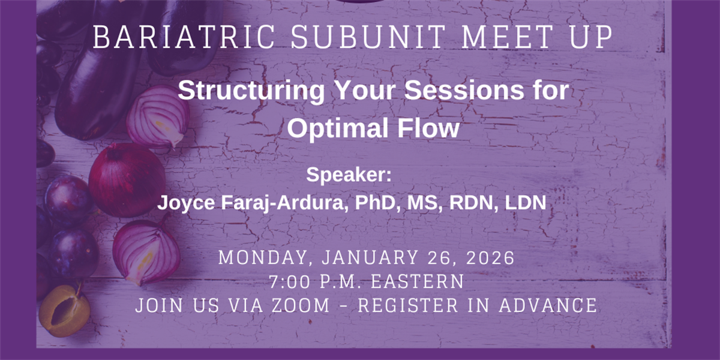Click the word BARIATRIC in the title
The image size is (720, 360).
(184, 37)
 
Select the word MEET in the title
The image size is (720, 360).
(507, 37)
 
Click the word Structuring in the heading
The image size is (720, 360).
(251, 91)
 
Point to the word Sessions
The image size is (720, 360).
(464, 91)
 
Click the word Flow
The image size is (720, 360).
(428, 128)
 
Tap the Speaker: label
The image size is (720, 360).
(349, 175)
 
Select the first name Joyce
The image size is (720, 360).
(186, 203)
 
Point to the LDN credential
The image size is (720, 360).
(526, 203)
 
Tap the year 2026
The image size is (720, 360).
(490, 257)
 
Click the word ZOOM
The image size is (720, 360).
(301, 305)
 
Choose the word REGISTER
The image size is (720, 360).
(408, 305)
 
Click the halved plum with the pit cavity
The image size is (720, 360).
(64, 311)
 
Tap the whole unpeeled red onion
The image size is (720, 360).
(127, 180)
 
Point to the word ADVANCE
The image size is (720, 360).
(548, 305)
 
